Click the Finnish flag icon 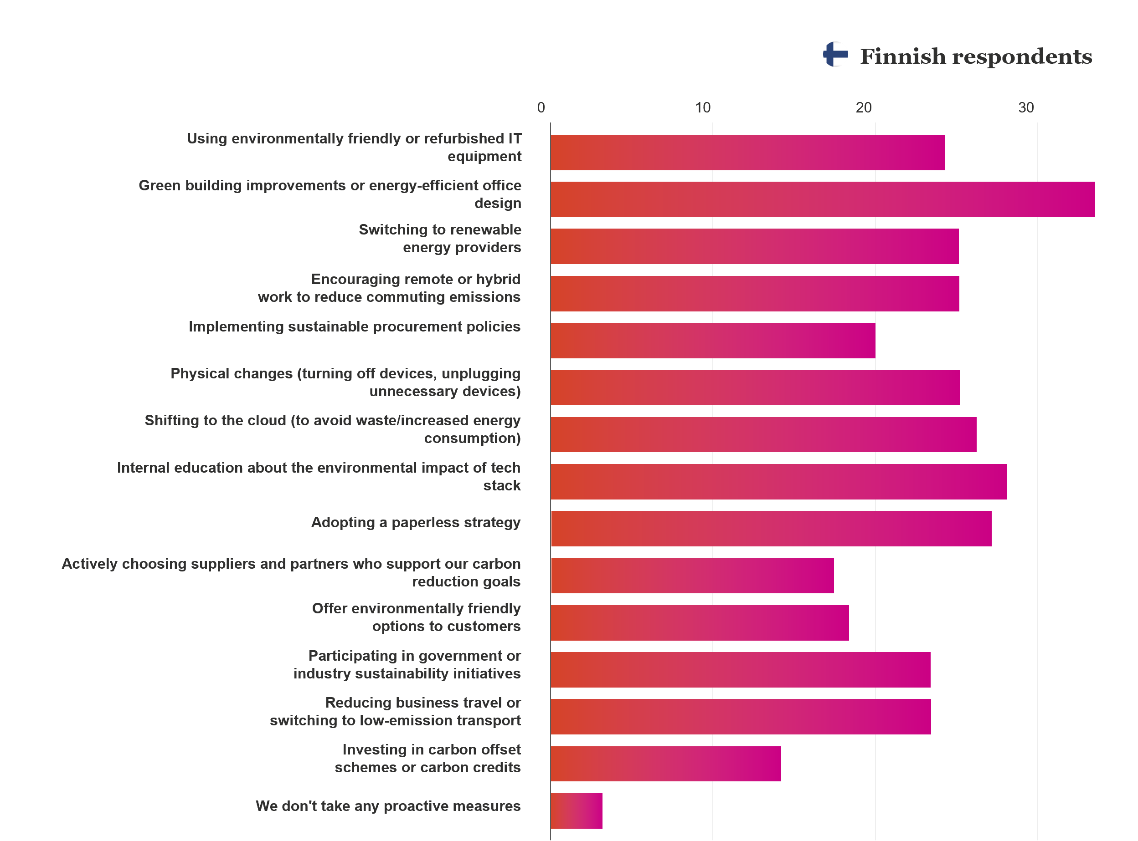pos(835,55)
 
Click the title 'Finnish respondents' pos(975,56)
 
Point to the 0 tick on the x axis pos(541,108)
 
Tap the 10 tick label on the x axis pos(703,108)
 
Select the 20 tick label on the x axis pos(864,108)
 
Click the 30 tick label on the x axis pos(1026,108)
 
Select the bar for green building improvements pos(822,199)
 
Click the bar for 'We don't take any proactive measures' pos(576,810)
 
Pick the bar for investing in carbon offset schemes pos(665,764)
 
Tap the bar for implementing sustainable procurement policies pos(713,341)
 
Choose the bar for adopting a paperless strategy pos(771,529)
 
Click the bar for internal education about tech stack pos(778,482)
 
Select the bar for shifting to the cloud pos(763,435)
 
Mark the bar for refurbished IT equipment pos(747,153)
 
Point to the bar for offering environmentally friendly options pos(700,622)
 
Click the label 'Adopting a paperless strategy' pos(416,522)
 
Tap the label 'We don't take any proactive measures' pos(388,806)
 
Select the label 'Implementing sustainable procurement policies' pos(354,326)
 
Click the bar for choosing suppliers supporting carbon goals pos(692,575)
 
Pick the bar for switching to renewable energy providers pos(754,246)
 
